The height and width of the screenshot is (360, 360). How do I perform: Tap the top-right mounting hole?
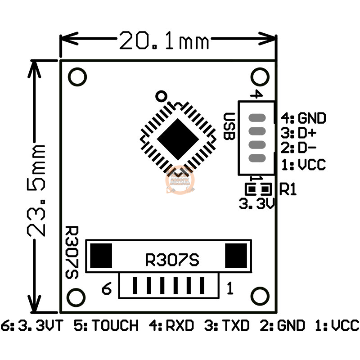point(259,77)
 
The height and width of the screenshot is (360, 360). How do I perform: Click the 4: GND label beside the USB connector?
point(304,118)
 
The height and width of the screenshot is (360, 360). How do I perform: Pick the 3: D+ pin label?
point(297,134)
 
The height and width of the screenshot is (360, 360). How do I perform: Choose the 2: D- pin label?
point(297,148)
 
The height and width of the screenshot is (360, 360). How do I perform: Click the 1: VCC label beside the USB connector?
point(303,165)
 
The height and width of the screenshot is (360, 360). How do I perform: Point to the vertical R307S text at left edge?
point(72,252)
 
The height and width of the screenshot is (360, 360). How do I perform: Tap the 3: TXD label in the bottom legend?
point(227,325)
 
